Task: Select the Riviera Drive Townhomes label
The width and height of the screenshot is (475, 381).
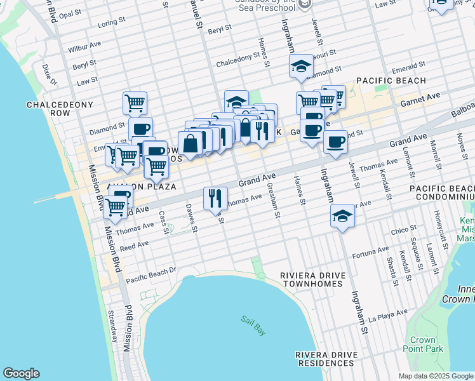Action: (x=313, y=280)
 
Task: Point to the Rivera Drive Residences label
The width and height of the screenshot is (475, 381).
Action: (x=326, y=359)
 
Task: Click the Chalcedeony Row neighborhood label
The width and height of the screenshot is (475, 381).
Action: (x=60, y=109)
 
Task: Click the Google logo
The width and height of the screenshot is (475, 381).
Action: (x=21, y=373)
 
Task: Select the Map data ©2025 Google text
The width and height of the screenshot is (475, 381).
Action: (x=435, y=376)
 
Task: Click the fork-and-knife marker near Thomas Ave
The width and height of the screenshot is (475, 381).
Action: (x=215, y=197)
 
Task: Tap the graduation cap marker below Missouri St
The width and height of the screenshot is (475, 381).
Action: (x=300, y=65)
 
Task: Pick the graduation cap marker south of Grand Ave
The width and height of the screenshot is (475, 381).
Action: (x=342, y=217)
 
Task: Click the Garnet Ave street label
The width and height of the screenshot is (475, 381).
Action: (x=420, y=100)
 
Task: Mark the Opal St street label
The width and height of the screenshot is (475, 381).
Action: (x=70, y=13)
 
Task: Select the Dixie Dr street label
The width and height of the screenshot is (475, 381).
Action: (x=48, y=71)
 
